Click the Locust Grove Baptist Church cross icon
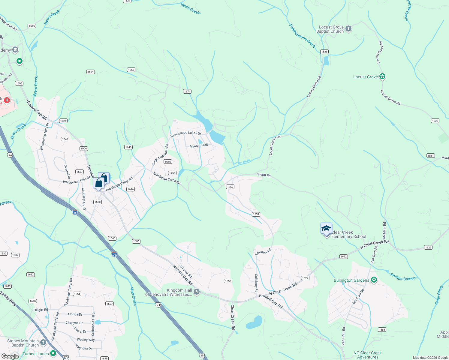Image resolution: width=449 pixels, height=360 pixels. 348,29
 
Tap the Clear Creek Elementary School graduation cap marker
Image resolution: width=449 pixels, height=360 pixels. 326,229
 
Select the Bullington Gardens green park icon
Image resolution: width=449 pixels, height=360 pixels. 374,280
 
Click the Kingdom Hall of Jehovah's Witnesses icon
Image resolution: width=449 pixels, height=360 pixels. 197,292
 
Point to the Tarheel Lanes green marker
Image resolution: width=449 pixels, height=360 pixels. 53,353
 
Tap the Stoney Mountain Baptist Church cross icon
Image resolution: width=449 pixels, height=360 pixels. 43,342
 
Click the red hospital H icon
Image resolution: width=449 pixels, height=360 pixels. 7,100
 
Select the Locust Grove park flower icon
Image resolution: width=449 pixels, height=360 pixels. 382,76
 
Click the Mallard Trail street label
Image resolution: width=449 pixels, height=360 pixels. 199,146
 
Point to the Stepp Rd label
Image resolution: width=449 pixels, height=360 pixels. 264,175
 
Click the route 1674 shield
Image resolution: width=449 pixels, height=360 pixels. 187,91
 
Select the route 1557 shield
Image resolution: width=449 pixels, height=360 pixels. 131,70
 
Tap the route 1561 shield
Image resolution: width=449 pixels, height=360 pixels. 431,155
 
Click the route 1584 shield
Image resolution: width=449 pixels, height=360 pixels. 382,329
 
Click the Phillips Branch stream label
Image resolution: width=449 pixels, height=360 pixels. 403,277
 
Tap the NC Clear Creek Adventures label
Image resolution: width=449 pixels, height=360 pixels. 368,355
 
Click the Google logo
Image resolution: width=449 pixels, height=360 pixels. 10,356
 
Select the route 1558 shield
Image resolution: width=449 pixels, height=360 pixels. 228,281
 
